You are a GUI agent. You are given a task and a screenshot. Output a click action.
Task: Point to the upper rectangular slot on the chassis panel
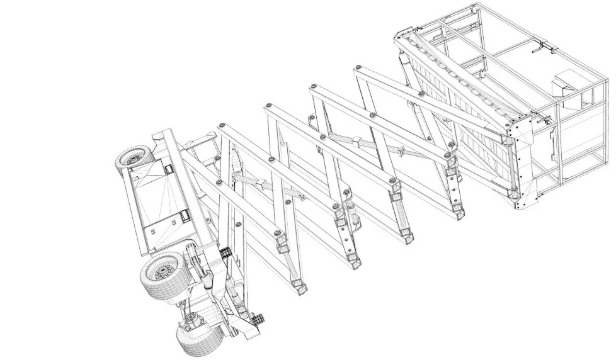tap(168, 170)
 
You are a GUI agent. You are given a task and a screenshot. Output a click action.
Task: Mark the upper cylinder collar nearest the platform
tap(402, 150)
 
